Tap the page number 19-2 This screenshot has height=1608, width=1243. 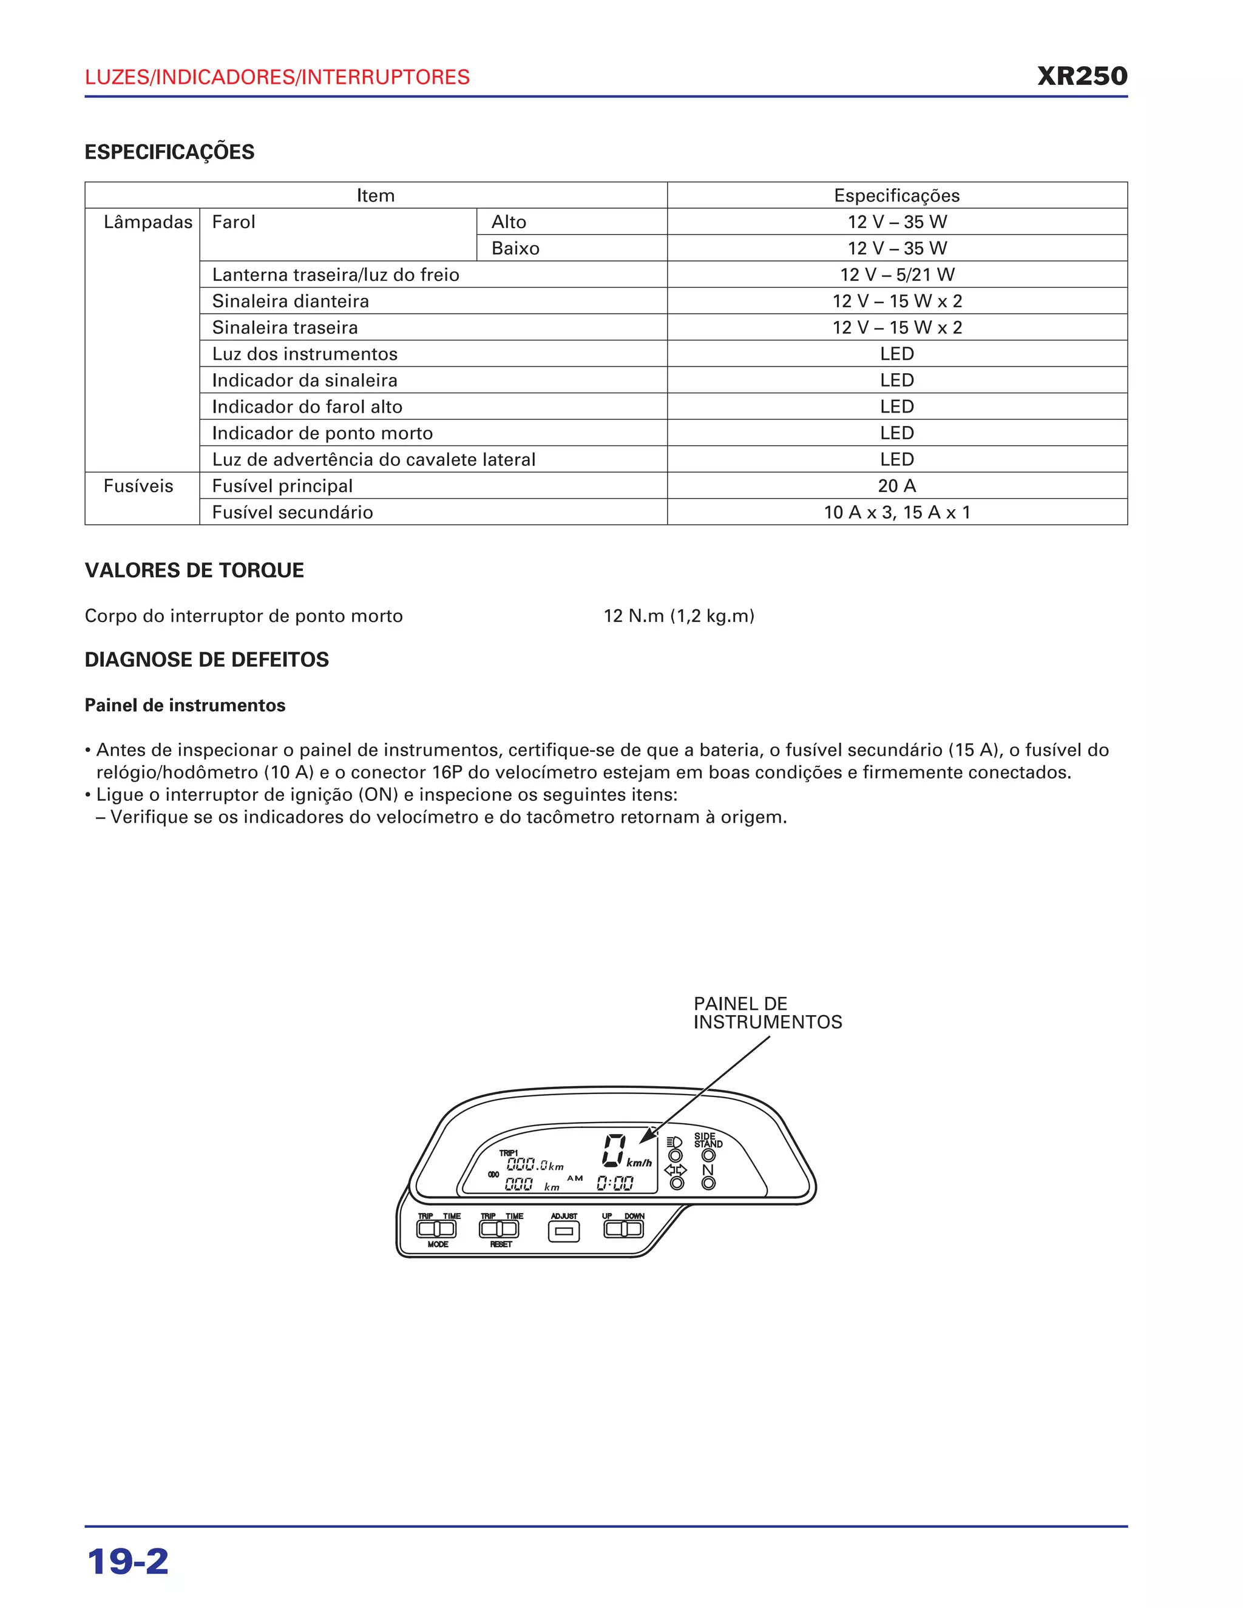click(128, 1562)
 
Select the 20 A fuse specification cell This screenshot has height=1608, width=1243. click(896, 486)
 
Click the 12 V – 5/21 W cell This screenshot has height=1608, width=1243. click(896, 275)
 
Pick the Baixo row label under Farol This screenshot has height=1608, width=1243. click(515, 248)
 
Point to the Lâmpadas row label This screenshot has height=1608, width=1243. click(147, 221)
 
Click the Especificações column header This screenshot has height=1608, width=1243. click(896, 195)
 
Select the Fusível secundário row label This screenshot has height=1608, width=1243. click(293, 513)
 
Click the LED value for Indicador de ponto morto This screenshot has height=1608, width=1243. click(896, 433)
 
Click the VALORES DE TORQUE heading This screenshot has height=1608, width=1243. click(194, 570)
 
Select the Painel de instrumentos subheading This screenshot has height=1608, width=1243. click(185, 705)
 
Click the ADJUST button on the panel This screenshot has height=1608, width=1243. click(563, 1231)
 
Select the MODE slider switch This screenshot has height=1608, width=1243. click(436, 1229)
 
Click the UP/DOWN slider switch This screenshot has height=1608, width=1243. click(623, 1228)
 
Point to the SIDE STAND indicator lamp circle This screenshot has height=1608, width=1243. click(708, 1155)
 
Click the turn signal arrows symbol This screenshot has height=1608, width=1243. click(676, 1170)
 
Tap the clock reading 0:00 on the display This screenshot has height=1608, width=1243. click(615, 1183)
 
